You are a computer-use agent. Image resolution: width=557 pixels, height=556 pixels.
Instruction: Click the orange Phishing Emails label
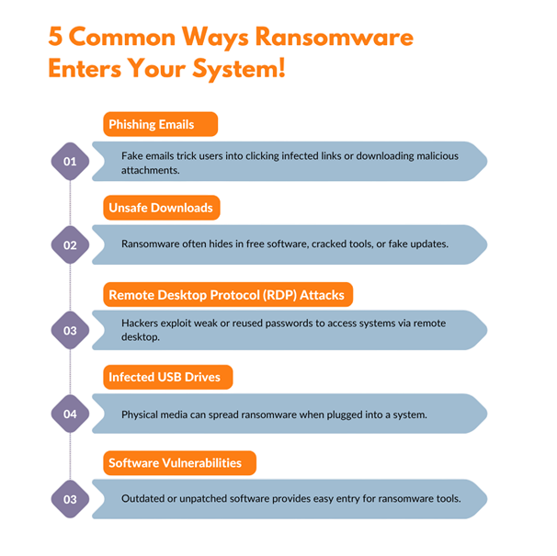(160, 124)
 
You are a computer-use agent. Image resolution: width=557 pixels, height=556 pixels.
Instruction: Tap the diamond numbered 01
(70, 162)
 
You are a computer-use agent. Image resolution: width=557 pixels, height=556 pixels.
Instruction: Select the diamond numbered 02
(70, 245)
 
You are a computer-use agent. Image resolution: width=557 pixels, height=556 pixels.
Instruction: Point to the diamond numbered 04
(70, 414)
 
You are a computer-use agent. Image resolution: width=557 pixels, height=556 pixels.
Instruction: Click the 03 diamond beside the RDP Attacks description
(70, 330)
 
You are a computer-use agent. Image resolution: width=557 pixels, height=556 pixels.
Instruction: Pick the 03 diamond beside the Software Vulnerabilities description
(70, 500)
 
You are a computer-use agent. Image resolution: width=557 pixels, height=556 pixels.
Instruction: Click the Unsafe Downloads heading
(161, 208)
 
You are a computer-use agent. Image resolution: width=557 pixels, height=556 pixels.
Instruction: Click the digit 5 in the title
(56, 39)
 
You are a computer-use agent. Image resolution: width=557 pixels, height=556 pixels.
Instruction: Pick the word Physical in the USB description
(142, 414)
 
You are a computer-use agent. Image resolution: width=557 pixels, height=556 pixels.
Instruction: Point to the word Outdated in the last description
(145, 499)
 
